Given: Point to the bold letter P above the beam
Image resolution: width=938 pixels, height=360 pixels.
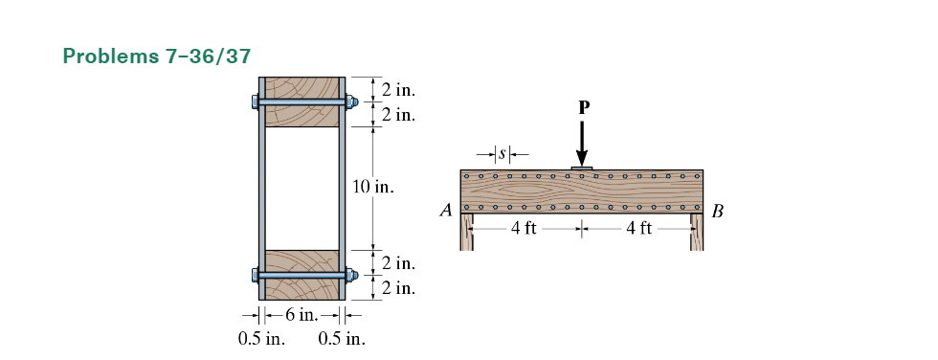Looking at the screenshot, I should [581, 108].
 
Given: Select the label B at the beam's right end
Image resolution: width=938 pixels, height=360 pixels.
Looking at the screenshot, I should [719, 212].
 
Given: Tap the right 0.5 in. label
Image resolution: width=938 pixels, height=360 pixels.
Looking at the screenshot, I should [341, 338].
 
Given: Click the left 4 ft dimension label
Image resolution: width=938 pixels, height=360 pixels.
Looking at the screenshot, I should [524, 229].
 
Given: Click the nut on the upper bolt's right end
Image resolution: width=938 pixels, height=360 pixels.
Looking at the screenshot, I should [351, 101].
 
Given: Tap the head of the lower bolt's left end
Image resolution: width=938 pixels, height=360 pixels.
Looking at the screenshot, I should [255, 275].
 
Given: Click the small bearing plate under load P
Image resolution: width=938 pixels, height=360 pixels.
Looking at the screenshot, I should [581, 168].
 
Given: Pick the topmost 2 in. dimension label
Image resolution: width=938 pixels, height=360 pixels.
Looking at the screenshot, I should [397, 90].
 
